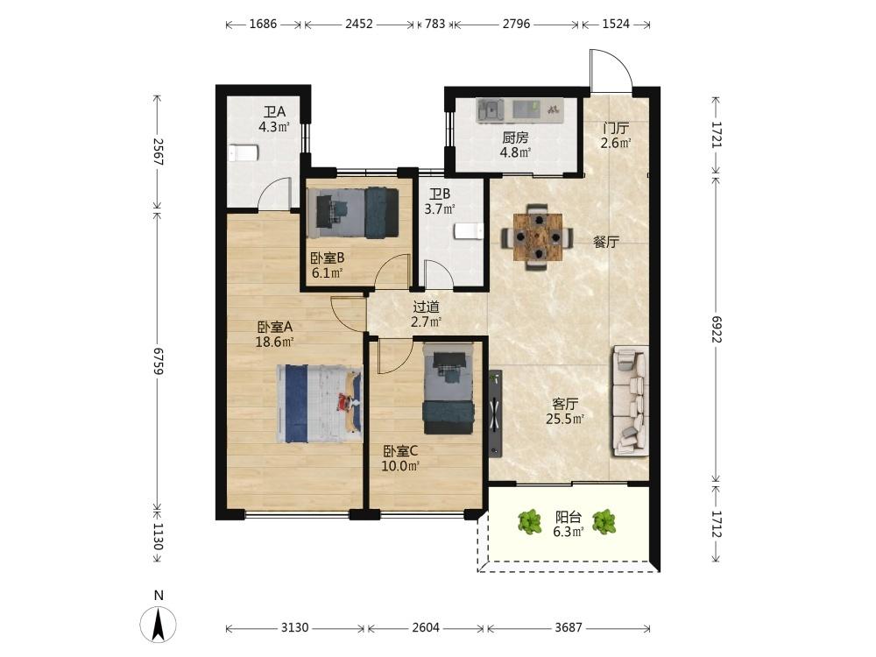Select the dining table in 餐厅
[x=537, y=237]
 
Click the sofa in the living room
[x=631, y=400]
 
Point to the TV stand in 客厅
[x=495, y=413]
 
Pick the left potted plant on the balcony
[x=529, y=521]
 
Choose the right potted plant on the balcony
[x=604, y=522]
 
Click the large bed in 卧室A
[x=320, y=403]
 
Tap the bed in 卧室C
[x=449, y=388]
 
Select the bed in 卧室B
[x=353, y=212]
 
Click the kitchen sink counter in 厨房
[x=519, y=110]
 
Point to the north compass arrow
[x=158, y=623]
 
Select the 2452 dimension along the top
[x=358, y=24]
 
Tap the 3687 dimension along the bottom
[x=569, y=627]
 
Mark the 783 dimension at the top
[x=434, y=24]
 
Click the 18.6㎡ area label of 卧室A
[x=274, y=342]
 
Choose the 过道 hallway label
[x=427, y=307]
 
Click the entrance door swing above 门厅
[x=611, y=71]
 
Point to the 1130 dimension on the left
[x=158, y=536]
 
